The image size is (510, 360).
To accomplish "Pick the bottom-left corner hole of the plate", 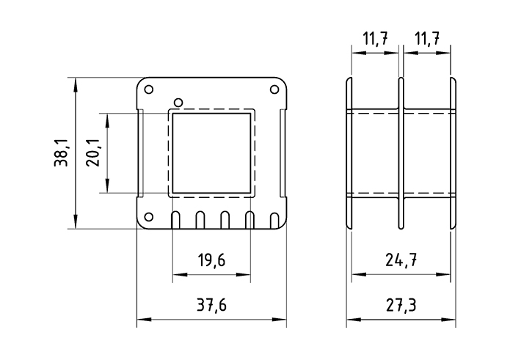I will coord(149,216).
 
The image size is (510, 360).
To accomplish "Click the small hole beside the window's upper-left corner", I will coord(176,101).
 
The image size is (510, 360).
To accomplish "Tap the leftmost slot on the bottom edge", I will coord(176,220).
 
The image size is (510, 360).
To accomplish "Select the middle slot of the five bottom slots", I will coord(225,220).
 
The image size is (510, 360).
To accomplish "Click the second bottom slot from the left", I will coord(200,220).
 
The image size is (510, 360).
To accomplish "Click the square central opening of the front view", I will coord(211,153).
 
